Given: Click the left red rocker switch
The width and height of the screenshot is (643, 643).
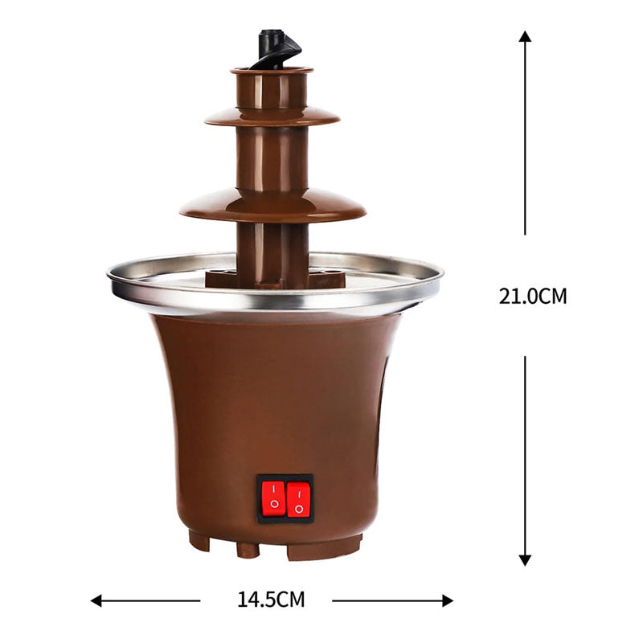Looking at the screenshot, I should coord(273,498).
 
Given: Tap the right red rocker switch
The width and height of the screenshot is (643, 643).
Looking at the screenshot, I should coord(298,498).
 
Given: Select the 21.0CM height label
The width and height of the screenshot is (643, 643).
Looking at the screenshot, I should coord(532,296).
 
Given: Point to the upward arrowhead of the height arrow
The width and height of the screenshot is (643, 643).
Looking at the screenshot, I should coord(525,37).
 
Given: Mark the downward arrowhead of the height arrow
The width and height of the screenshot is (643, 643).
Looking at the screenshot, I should coord(525,559).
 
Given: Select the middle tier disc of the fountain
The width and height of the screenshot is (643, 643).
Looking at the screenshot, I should coord(272,117).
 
